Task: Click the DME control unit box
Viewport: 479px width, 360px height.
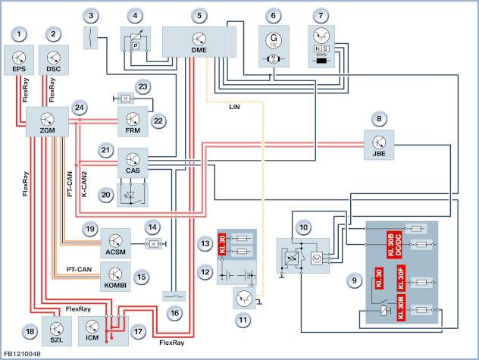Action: tap(199, 42)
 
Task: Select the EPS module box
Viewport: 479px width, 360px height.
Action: tap(19, 60)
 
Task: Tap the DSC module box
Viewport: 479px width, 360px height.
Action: tap(54, 60)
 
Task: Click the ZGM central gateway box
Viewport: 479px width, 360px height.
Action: tap(47, 121)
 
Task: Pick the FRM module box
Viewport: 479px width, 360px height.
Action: tap(133, 121)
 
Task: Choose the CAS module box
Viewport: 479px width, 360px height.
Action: tap(133, 163)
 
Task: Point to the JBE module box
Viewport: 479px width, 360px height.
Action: tap(379, 145)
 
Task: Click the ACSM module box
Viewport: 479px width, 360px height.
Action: tap(115, 243)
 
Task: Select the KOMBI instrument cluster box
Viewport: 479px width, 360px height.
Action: tap(115, 277)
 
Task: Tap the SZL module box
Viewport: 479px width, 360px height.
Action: tap(57, 331)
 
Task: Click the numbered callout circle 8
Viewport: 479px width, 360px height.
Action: tap(379, 118)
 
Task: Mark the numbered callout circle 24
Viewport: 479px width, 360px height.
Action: tap(80, 108)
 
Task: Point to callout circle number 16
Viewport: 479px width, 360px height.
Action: tap(174, 313)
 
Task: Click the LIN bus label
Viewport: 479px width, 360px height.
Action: tap(234, 107)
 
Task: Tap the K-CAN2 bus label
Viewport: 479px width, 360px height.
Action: tap(84, 184)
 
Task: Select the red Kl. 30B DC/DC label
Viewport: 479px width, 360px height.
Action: tap(394, 245)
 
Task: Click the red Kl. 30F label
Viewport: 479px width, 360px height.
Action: tap(401, 278)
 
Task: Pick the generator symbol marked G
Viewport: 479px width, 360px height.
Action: tap(274, 40)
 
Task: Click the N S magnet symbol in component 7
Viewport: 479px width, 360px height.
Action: tap(321, 49)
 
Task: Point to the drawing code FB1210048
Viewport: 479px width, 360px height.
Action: tap(22, 354)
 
